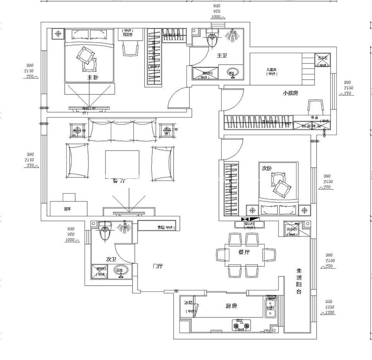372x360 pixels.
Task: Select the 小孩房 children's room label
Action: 290,93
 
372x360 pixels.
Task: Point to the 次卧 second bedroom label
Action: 267,168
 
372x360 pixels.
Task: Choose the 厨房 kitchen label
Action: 231,306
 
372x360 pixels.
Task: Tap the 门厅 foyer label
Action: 158,266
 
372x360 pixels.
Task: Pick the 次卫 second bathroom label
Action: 111,259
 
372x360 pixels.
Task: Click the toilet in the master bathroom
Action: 212,39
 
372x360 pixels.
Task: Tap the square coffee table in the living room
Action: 122,164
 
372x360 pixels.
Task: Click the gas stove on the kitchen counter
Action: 241,325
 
